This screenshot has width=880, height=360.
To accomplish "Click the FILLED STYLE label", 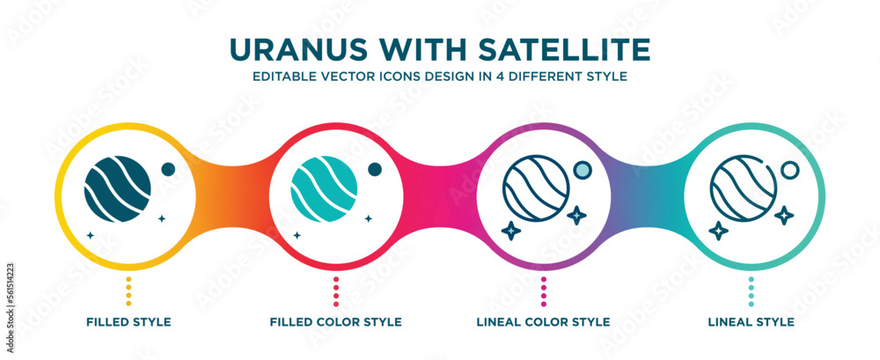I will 128,322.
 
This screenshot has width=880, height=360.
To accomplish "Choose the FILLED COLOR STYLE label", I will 335,322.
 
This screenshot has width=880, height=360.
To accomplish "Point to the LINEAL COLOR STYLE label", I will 543,322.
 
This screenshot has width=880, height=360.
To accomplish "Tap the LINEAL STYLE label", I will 751,322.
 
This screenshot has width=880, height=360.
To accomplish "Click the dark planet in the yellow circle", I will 117,187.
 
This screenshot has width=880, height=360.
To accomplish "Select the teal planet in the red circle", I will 324,187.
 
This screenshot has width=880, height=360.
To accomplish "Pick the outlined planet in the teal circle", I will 743,187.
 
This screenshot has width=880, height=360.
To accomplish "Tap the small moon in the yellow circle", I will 168,169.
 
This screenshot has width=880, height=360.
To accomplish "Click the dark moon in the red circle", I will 375,169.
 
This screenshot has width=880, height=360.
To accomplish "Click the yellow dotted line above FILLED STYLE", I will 128,291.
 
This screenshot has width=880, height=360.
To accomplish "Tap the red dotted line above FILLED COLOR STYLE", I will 335,291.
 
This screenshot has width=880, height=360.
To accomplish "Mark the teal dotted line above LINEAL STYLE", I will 751,291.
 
